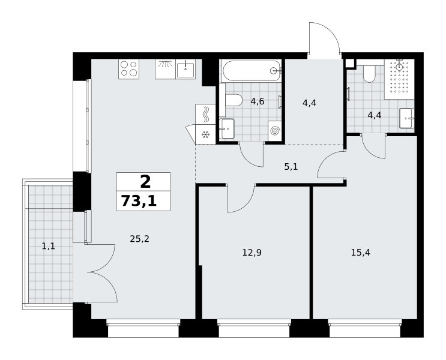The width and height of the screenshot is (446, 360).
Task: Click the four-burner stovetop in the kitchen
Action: [x=128, y=69]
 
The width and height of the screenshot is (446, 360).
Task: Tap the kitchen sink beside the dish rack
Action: [x=185, y=69]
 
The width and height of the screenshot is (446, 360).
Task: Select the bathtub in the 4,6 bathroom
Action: [x=251, y=71]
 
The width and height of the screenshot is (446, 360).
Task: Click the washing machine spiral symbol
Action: [x=275, y=131]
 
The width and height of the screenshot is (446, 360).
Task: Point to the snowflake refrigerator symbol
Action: [x=205, y=134]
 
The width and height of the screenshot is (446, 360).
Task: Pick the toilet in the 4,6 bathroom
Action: [x=234, y=100]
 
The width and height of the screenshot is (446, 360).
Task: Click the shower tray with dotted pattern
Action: [x=399, y=79]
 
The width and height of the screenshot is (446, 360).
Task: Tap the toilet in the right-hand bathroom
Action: [x=369, y=74]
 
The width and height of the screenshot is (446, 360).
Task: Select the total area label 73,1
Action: [x=139, y=201]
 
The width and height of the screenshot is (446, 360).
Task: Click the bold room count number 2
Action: [x=145, y=182]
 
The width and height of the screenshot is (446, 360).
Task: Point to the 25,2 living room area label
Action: [x=139, y=239]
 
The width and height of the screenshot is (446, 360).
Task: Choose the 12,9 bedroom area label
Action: [x=252, y=252]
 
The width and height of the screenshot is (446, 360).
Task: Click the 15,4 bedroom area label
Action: [x=360, y=252]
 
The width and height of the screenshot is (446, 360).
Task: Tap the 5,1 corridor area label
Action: [x=291, y=167]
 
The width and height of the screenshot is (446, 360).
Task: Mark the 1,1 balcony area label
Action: [x=49, y=246]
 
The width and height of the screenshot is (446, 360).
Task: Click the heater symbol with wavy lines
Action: [x=205, y=115]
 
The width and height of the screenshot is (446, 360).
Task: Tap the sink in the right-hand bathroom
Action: [x=407, y=118]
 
